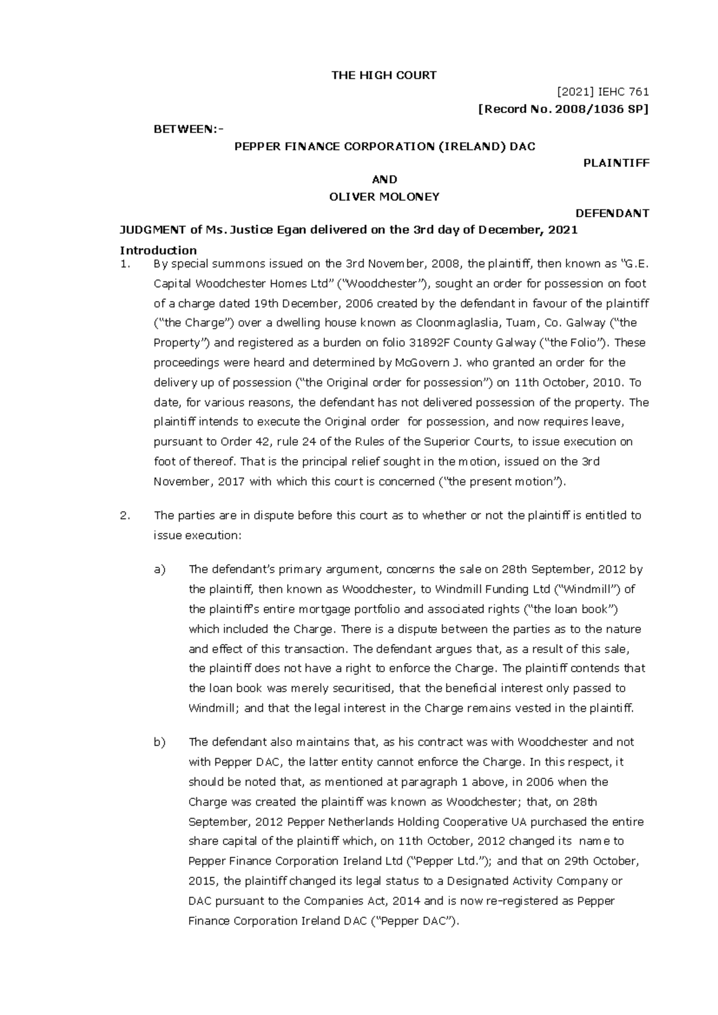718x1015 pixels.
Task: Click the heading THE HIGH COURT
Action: [x=384, y=75]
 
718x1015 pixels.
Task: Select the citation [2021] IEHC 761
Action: [x=603, y=92]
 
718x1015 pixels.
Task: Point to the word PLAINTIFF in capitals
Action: [x=616, y=163]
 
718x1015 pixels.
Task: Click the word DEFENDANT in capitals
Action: [x=611, y=213]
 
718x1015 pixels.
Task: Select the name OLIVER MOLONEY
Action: [x=384, y=196]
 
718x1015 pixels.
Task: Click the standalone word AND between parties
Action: [x=384, y=180]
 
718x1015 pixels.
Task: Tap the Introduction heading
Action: [x=158, y=250]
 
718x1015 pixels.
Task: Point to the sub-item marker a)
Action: [x=159, y=569]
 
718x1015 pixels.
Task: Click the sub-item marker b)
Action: [x=159, y=742]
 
